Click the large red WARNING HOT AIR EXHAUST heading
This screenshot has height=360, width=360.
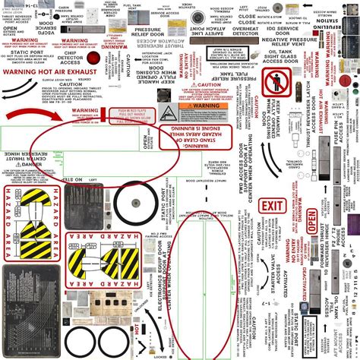52,72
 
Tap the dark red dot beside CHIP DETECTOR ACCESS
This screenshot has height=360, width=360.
93,58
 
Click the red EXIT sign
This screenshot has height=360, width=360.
270,207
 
